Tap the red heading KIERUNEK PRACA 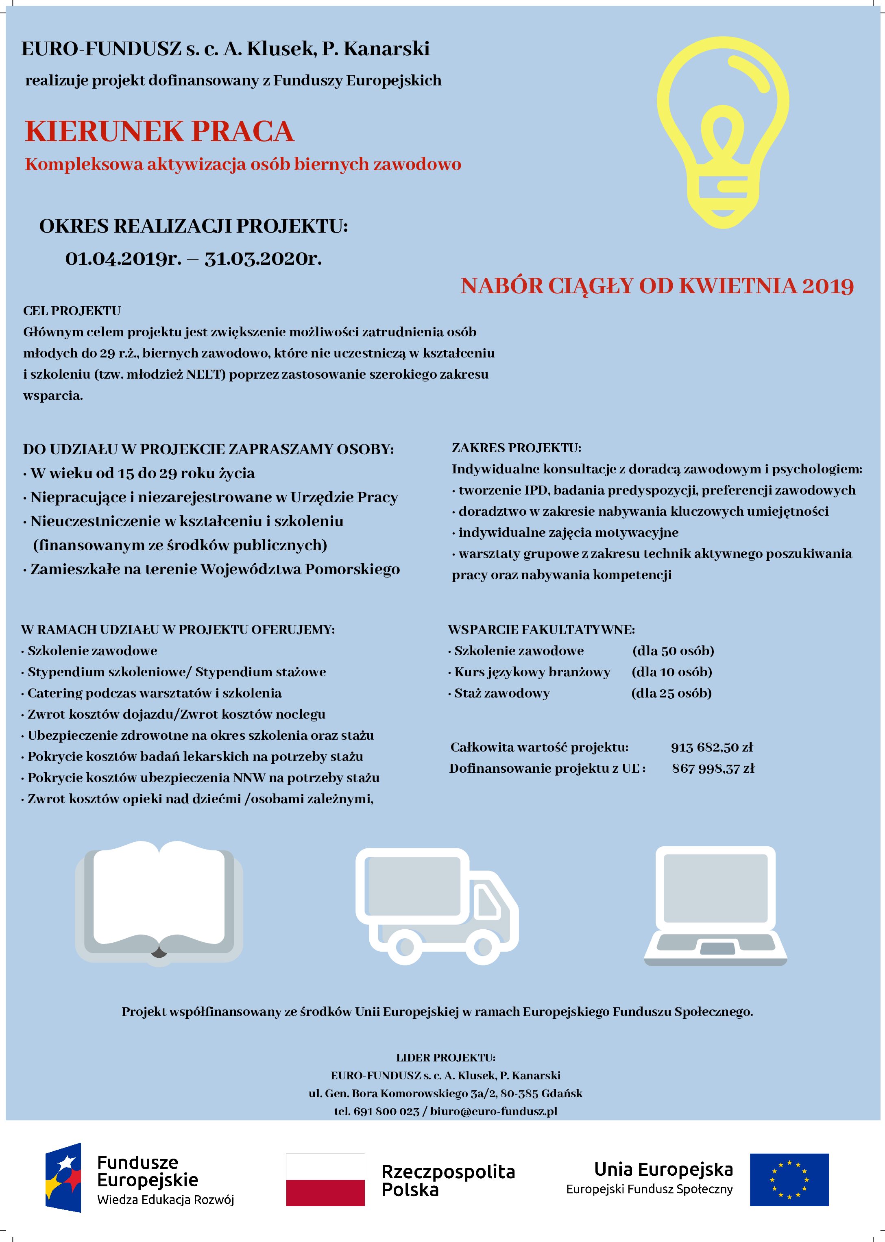click(x=160, y=132)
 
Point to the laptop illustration click(x=715, y=905)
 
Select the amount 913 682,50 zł click(x=712, y=747)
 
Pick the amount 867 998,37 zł click(x=713, y=768)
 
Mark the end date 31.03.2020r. click(x=263, y=258)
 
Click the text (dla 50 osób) click(x=673, y=651)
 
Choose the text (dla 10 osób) click(x=672, y=672)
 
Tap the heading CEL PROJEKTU click(x=72, y=311)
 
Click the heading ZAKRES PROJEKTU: click(x=517, y=448)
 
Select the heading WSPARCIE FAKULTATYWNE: click(x=541, y=630)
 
